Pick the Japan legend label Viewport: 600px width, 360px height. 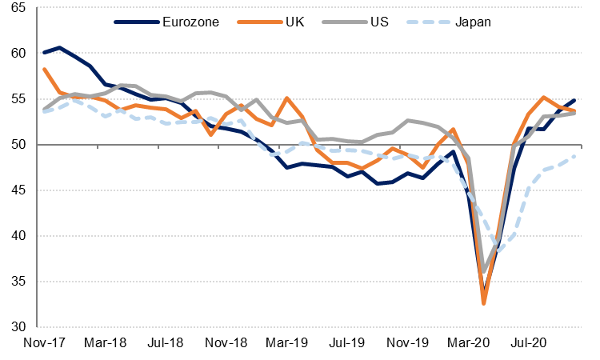pos(472,22)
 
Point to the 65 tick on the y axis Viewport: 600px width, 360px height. pos(17,8)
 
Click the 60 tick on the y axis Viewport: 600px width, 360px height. pos(17,54)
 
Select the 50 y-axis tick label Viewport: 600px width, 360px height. pos(17,145)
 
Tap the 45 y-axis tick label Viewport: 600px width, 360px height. pos(17,190)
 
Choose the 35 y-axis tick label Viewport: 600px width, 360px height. pos(17,282)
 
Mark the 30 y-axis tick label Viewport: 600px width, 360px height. pos(17,327)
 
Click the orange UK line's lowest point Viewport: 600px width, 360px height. pos(484,303)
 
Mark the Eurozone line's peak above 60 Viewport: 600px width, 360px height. pos(59,48)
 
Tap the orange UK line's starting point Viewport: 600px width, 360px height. pos(44,69)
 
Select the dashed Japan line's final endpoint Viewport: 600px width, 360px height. pos(575,155)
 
